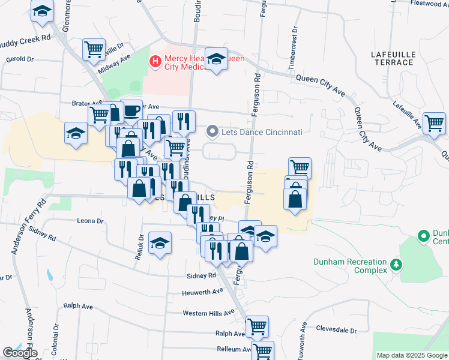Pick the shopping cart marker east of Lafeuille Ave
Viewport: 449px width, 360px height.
pos(434,123)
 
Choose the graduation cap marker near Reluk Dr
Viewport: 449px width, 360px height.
pos(160,243)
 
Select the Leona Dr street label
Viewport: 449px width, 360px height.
pos(91,220)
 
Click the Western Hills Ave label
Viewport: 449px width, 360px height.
pos(208,313)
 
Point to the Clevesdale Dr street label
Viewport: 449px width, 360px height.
pos(336,330)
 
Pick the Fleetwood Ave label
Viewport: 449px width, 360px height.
pos(430,3)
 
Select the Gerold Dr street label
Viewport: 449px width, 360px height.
pos(20,59)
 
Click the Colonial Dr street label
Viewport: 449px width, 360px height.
pos(55,340)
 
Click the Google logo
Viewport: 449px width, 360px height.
pos(20,353)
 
